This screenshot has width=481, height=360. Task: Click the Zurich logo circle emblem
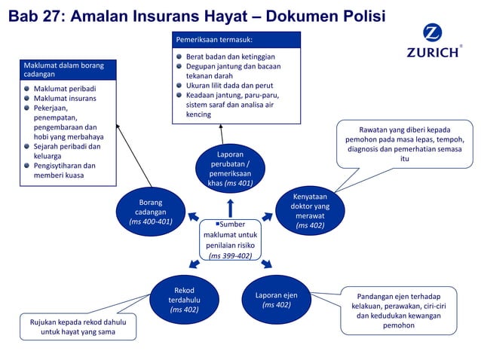click(433, 34)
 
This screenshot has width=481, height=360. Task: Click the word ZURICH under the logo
click(432, 53)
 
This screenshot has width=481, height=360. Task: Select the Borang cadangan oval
click(151, 212)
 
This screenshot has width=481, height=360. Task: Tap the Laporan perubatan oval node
click(231, 168)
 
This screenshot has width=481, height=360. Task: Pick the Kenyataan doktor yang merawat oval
click(310, 211)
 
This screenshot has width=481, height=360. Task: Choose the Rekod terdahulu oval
click(184, 299)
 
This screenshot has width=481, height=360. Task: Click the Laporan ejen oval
click(276, 299)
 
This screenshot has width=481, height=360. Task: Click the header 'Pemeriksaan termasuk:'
click(214, 38)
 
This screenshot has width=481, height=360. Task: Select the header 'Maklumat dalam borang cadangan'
click(64, 70)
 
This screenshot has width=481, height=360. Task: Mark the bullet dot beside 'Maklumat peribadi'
click(26, 89)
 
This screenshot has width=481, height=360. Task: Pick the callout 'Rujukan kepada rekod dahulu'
click(78, 327)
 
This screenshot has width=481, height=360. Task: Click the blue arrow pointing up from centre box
click(231, 207)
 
